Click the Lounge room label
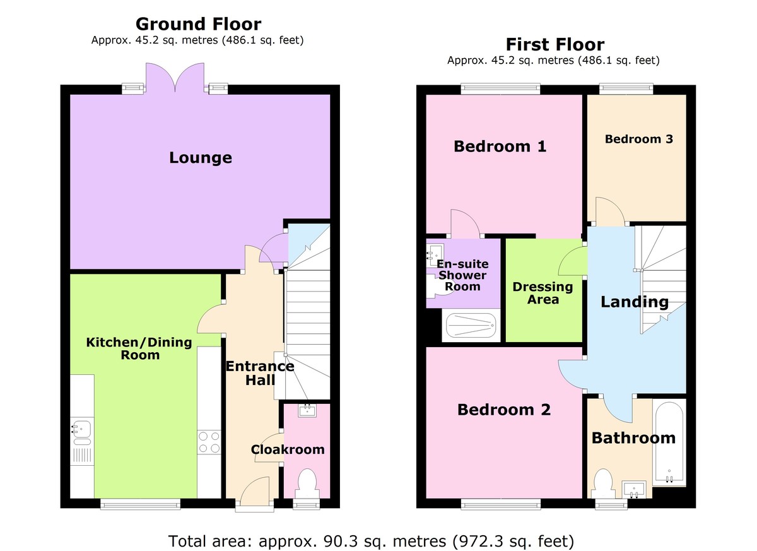tap(200, 158)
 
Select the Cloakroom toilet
tap(307, 483)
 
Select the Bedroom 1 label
tap(500, 146)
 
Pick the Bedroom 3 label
tap(638, 139)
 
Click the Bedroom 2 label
tap(504, 410)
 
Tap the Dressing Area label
tap(543, 293)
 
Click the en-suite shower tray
tap(471, 326)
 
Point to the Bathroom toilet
tap(603, 483)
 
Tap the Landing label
tap(634, 302)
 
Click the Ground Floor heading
tap(198, 25)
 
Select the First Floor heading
tap(555, 45)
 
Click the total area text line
tap(371, 541)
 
